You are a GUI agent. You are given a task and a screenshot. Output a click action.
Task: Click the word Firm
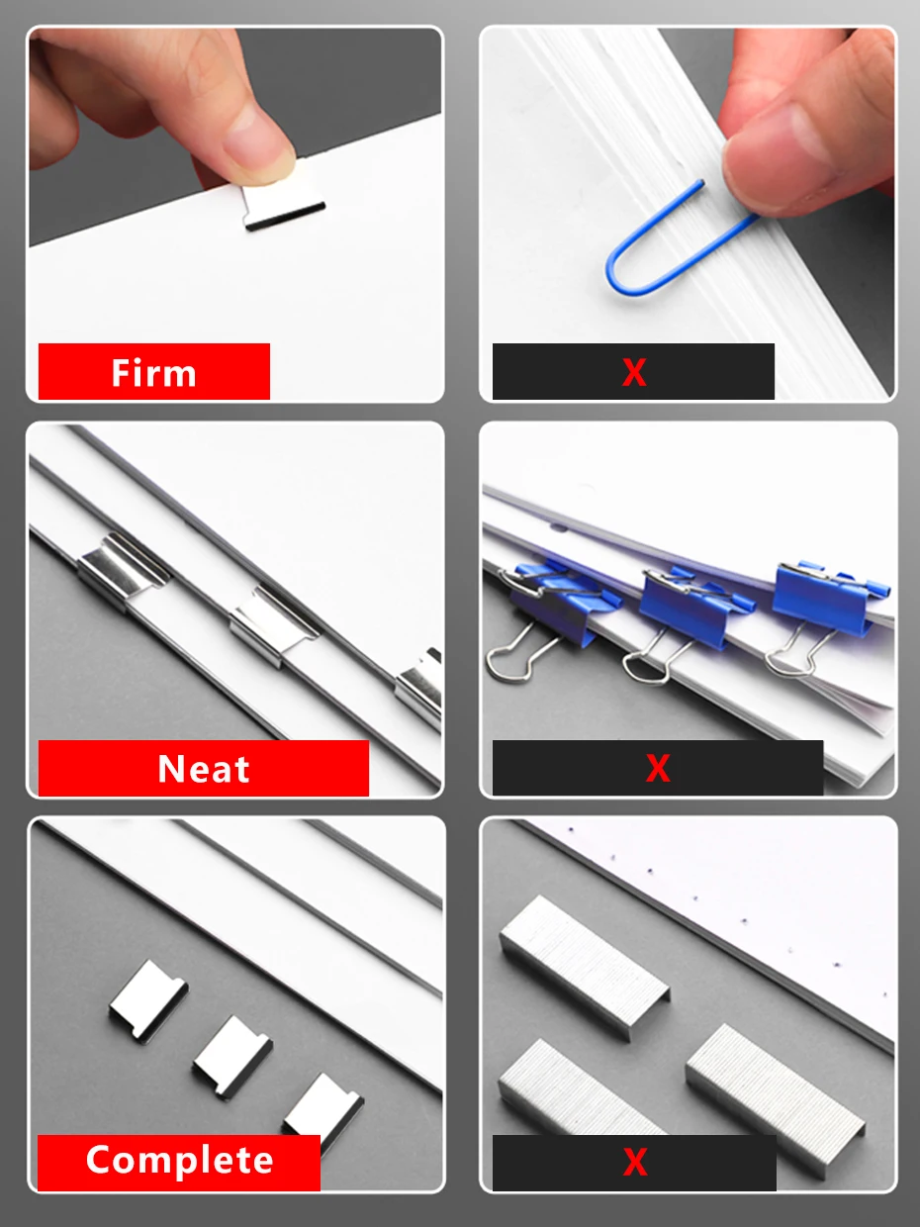[x=153, y=373]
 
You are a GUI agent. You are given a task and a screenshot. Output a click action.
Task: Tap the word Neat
[x=204, y=769]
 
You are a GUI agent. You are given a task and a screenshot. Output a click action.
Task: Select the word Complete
[x=179, y=1161]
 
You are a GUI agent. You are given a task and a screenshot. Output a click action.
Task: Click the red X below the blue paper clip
[x=633, y=372]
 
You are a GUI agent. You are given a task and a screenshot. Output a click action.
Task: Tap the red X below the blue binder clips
[x=658, y=768]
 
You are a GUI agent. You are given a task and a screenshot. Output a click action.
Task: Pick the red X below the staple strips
[x=634, y=1162]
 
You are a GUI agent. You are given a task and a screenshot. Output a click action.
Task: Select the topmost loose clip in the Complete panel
[x=148, y=998]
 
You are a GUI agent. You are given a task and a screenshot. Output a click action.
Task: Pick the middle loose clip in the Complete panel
[x=231, y=1055]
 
